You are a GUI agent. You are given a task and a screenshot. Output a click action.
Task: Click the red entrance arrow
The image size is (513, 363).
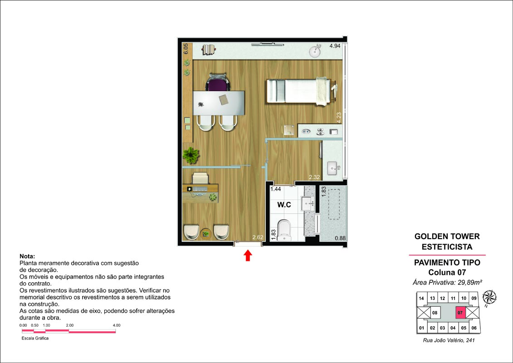click(x=248, y=255)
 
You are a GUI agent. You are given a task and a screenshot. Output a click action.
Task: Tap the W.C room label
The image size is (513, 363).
click(x=284, y=205)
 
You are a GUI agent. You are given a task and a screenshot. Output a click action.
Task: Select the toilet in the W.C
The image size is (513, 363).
click(x=284, y=230)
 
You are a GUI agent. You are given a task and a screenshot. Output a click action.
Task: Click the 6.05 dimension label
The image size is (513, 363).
click(x=186, y=49)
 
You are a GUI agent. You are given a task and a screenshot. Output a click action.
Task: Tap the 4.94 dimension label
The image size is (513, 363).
click(x=335, y=46)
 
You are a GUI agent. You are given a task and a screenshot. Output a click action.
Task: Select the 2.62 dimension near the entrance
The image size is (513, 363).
click(x=258, y=237)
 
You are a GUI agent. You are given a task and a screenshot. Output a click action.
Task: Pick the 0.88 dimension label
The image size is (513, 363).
click(x=340, y=238)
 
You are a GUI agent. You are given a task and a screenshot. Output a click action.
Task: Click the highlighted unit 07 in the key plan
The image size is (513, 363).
click(x=460, y=313)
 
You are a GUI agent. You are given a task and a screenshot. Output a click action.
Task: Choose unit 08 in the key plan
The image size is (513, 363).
click(x=435, y=313)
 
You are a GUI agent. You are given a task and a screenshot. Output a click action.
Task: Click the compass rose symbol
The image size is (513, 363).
click(x=489, y=297)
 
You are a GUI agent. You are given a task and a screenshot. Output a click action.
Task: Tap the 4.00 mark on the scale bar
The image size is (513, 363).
click(x=117, y=325)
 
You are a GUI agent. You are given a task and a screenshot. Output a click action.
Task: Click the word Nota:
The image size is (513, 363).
click(x=27, y=256)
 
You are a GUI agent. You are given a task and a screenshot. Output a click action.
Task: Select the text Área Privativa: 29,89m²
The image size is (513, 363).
click(x=447, y=282)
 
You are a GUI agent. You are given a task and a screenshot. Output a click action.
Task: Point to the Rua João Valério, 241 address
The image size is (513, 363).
click(x=449, y=340)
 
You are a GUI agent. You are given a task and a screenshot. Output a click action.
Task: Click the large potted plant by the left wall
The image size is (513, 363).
click(x=191, y=155)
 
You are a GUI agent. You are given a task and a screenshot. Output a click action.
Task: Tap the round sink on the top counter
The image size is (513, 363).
click(x=315, y=51)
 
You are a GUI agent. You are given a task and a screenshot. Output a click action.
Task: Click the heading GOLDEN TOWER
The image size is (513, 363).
click(x=447, y=236)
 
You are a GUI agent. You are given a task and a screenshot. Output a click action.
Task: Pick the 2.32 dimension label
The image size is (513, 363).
click(x=314, y=177)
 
